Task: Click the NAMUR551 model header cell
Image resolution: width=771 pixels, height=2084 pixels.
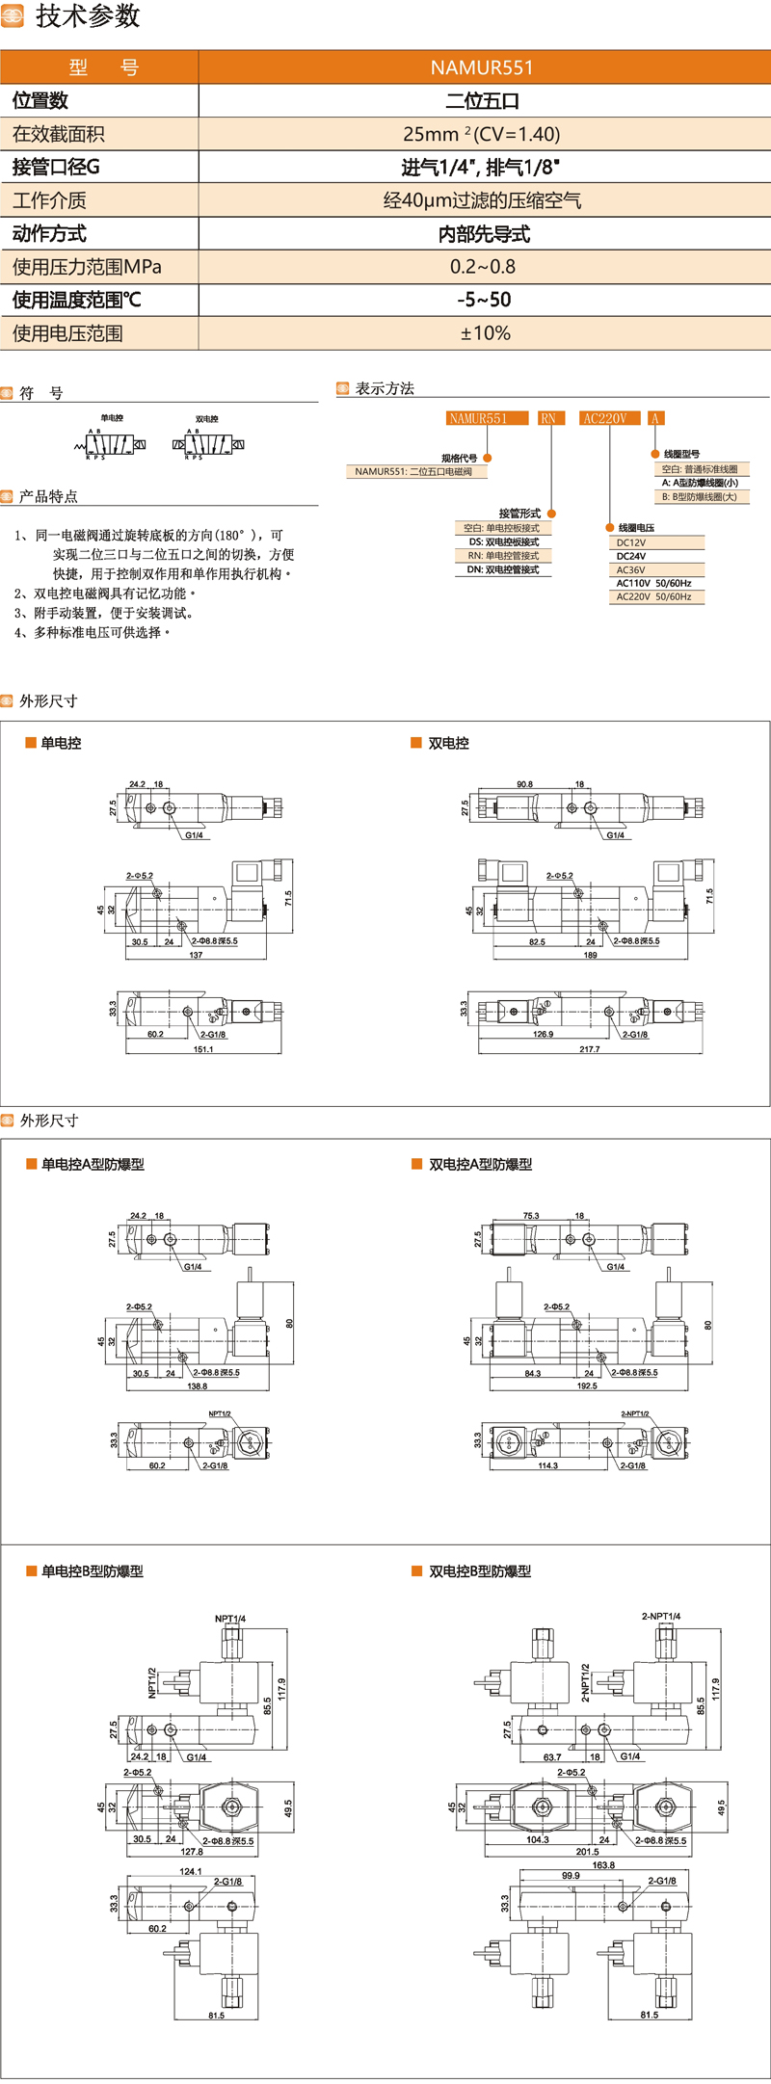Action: [482, 67]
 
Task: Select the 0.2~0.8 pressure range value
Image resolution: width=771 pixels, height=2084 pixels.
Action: [483, 267]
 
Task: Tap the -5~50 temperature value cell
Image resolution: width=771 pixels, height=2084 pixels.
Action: [484, 300]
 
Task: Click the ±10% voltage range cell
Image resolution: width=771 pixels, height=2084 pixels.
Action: [485, 333]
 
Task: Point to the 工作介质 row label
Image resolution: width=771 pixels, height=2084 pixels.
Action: [50, 200]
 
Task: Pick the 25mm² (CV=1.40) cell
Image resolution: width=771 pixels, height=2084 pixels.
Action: [482, 134]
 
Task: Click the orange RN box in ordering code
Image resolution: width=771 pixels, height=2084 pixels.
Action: [548, 418]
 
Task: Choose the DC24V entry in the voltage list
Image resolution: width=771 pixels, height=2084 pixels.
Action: [631, 556]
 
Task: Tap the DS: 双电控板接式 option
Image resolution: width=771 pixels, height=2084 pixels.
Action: [504, 541]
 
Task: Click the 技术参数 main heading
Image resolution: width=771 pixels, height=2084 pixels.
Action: [87, 16]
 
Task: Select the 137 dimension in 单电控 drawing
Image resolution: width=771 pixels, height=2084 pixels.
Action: [196, 955]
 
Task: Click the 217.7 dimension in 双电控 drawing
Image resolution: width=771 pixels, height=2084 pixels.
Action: [590, 1049]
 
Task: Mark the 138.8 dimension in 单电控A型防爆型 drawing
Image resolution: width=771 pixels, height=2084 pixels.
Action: [198, 1386]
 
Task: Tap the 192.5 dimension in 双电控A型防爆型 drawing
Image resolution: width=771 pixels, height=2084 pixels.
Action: [587, 1385]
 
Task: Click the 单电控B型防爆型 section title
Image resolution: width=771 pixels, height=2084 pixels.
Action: [92, 1571]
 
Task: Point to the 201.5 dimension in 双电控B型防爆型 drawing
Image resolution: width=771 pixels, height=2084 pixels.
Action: [587, 1852]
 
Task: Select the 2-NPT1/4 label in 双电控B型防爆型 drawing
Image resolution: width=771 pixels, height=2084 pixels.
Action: [661, 1616]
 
